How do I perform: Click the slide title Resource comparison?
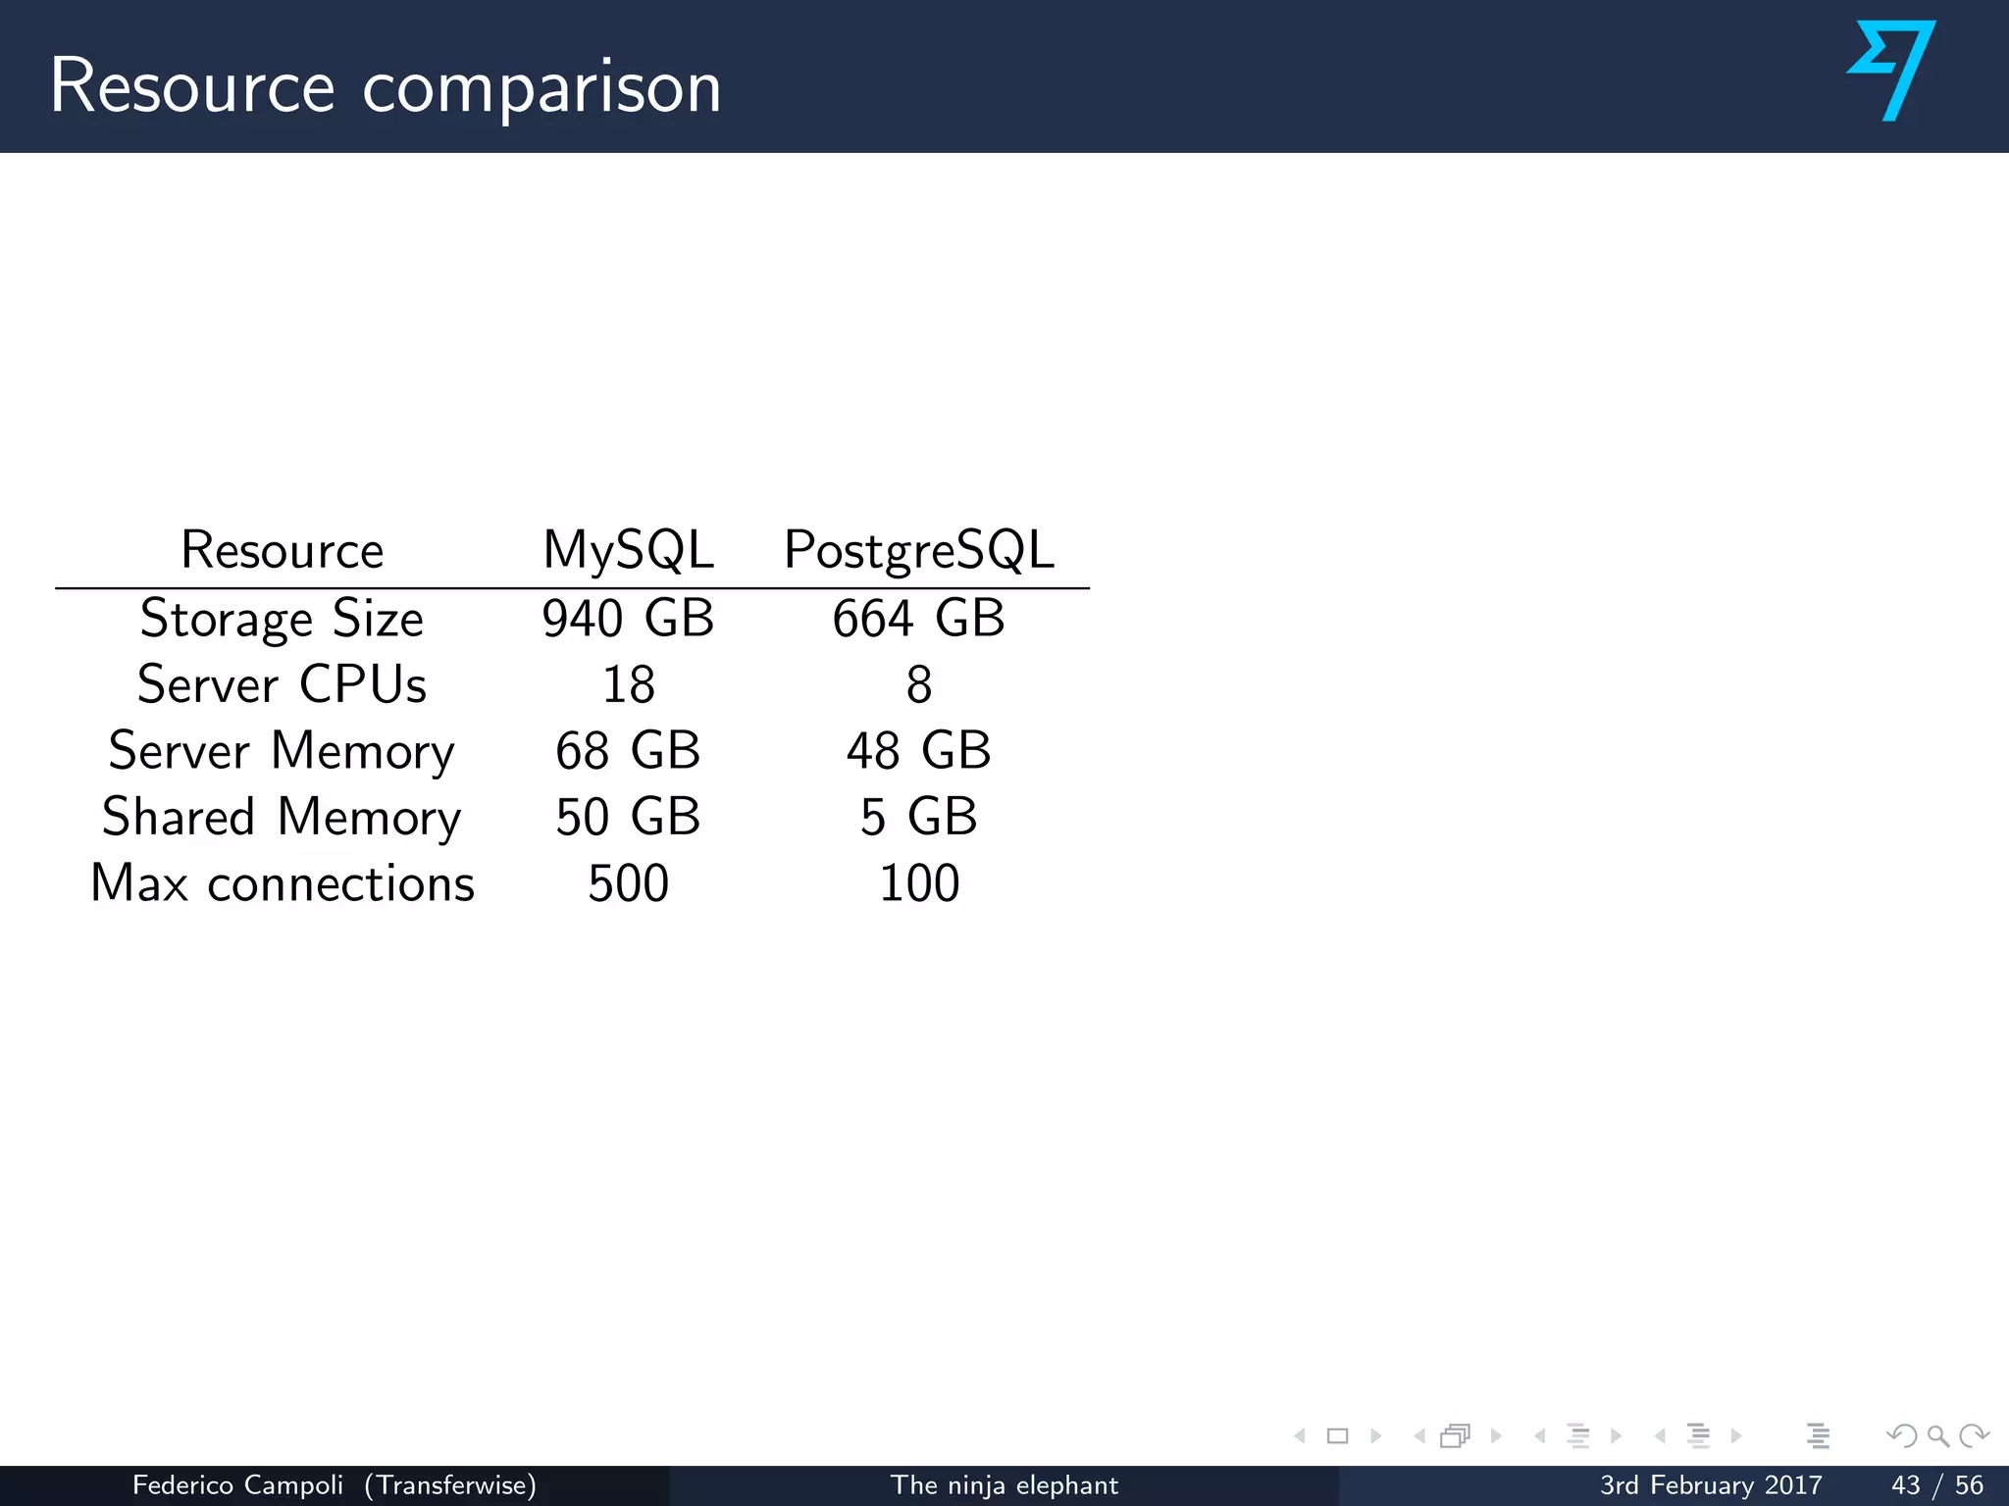385,86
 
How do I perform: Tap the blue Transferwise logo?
1892,71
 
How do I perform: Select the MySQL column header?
628,549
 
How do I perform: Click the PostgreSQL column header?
918,549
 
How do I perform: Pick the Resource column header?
282,549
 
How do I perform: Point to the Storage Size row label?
282,619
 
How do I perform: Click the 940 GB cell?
628,619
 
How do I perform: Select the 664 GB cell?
918,619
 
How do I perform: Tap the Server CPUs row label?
282,684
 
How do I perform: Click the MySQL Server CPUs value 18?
628,684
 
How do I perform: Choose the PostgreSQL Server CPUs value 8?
918,684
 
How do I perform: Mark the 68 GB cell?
628,751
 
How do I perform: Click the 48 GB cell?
918,751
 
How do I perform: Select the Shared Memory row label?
282,817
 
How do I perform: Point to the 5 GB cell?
918,817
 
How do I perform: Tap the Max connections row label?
282,883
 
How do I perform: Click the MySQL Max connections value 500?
628,883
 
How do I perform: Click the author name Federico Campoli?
237,1485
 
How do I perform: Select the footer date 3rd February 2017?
1711,1485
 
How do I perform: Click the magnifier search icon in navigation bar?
1938,1436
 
